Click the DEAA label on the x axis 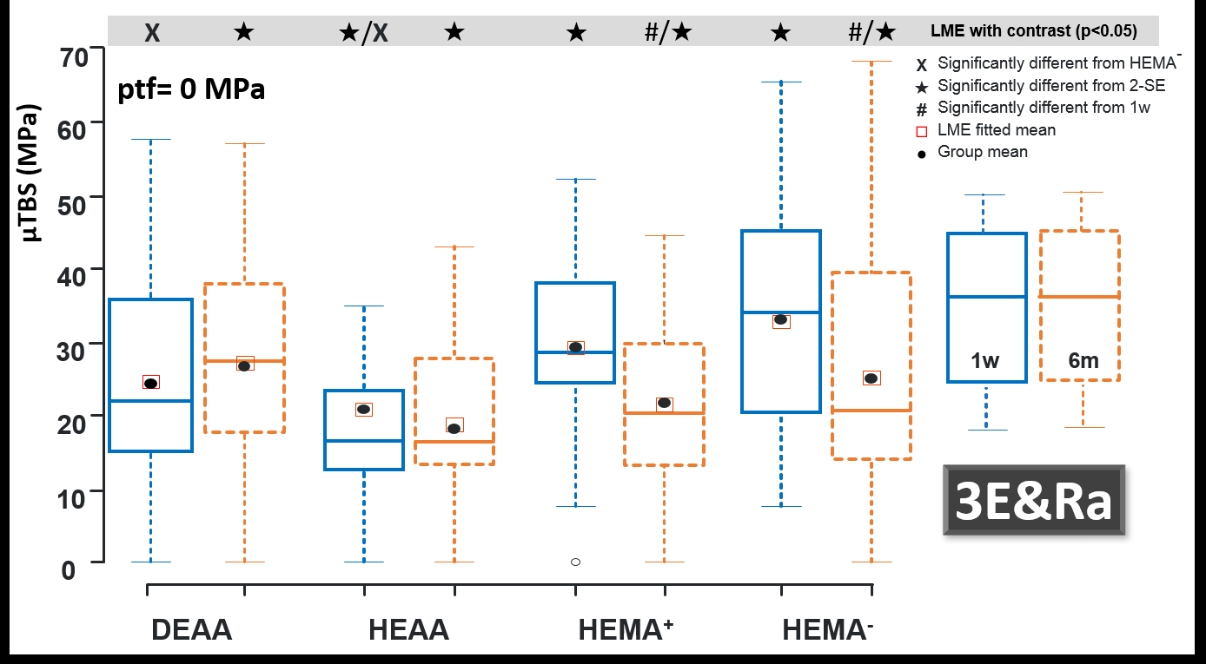tap(192, 629)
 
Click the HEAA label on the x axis tap(408, 629)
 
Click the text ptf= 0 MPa tap(191, 89)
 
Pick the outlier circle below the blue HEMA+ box tap(575, 562)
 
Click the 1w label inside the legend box tap(985, 361)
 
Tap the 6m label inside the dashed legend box tap(1083, 361)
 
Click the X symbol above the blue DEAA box tap(152, 33)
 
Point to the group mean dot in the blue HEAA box tap(363, 409)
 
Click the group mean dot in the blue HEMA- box tap(780, 319)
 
